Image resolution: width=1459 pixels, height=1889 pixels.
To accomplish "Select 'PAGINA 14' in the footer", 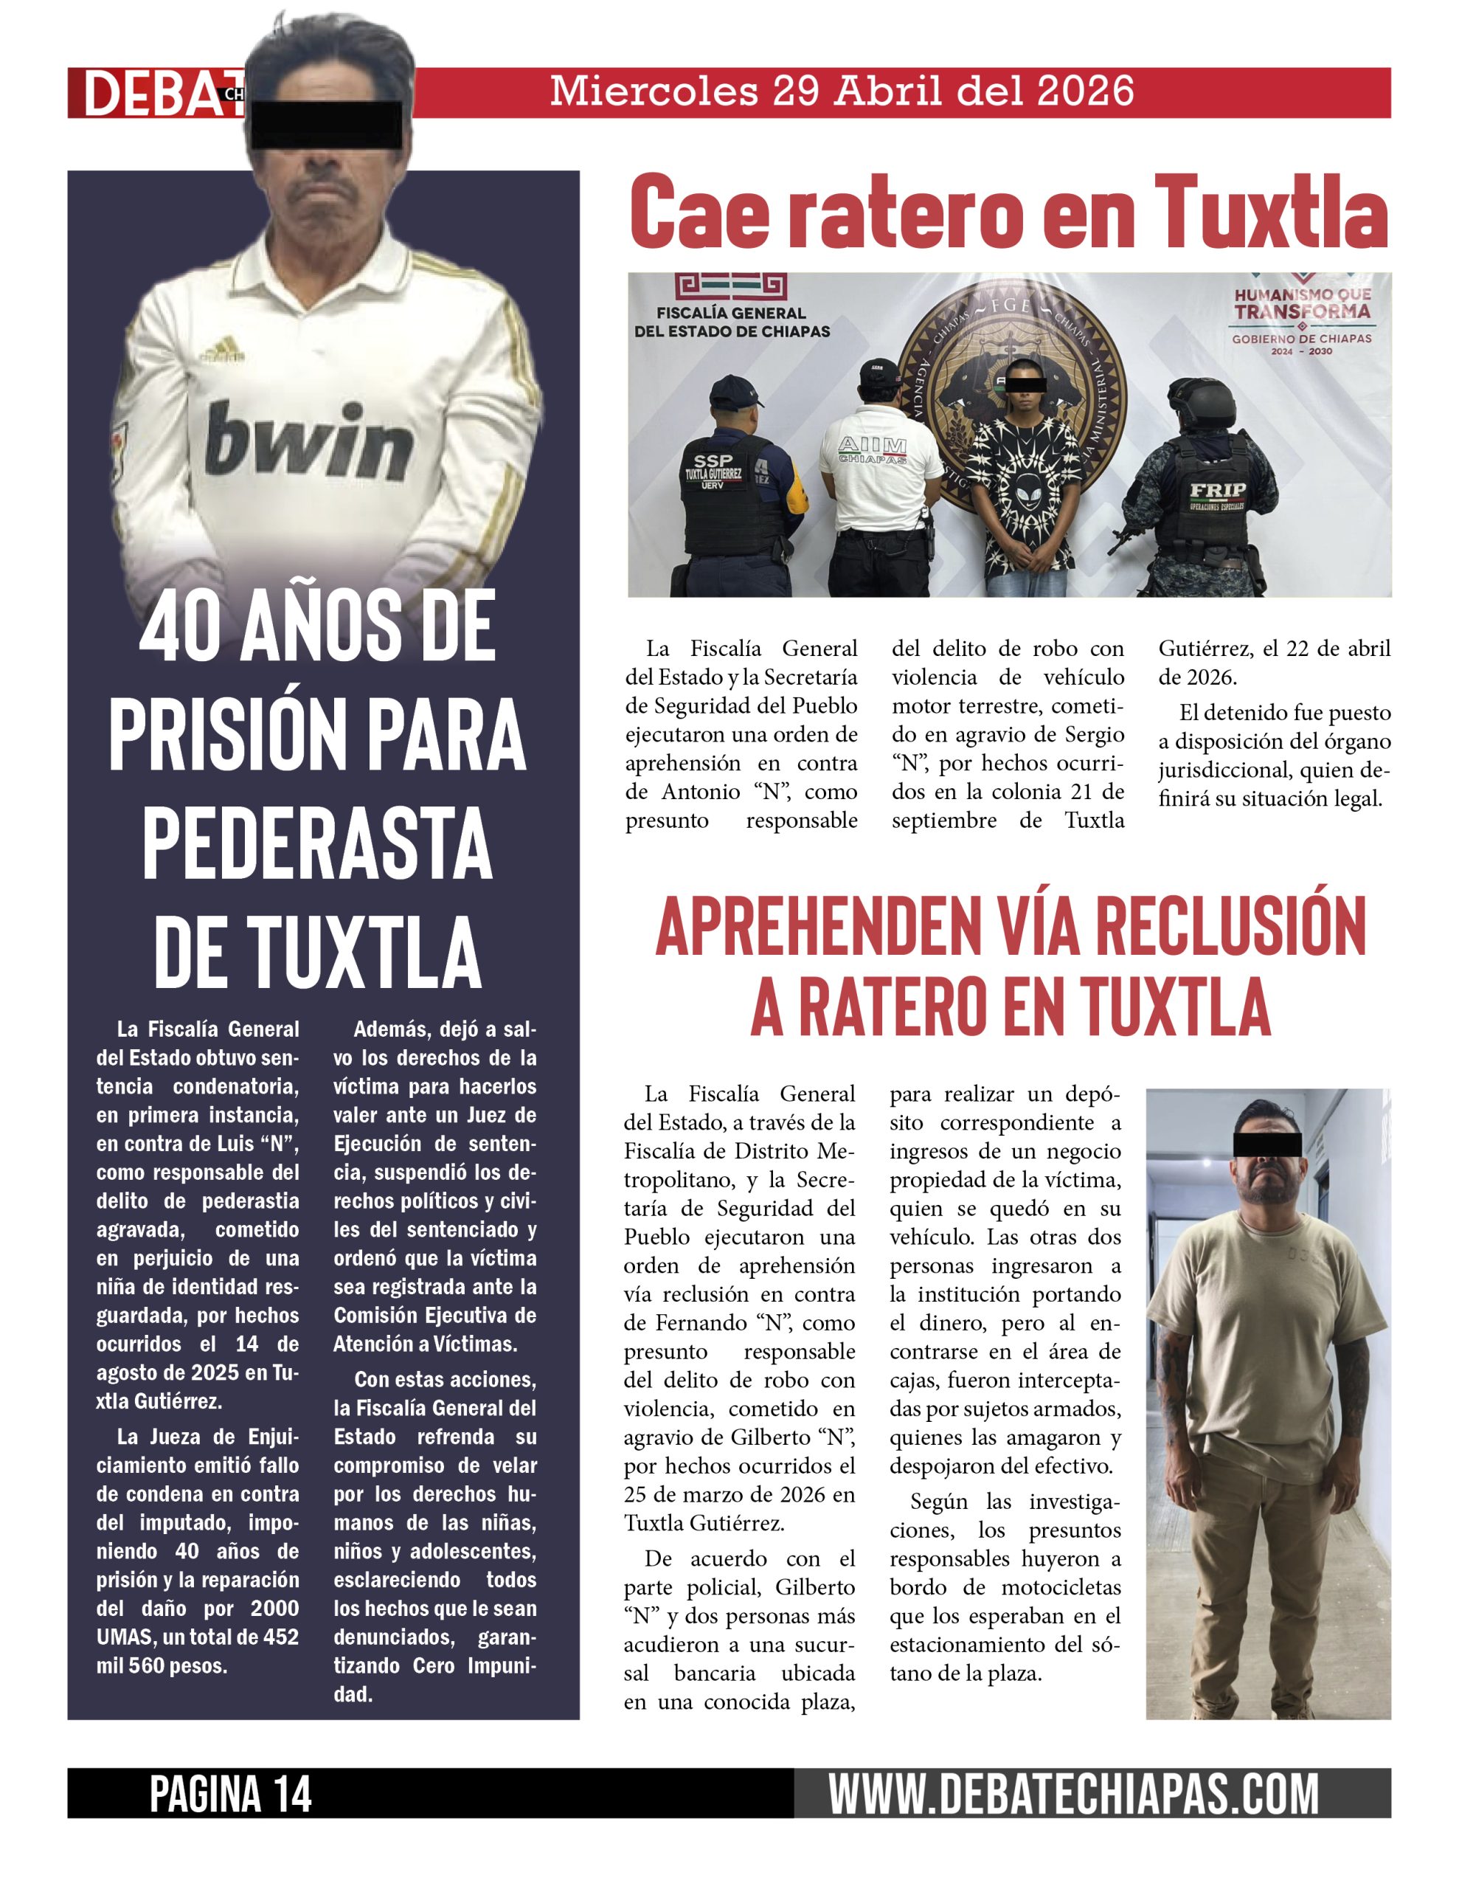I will [x=230, y=1794].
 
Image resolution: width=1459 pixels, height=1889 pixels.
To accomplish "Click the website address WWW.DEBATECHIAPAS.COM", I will [x=1073, y=1794].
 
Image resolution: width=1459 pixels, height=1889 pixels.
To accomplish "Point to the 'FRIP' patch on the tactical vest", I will [x=1217, y=491].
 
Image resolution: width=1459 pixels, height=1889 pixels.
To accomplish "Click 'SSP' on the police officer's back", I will [x=713, y=460].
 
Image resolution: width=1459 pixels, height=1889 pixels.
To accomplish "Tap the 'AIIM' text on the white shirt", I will [x=872, y=446].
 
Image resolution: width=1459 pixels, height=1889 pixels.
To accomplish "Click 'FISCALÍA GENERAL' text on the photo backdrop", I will [x=732, y=313].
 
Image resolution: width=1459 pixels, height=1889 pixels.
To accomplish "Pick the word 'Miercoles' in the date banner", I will [x=654, y=91].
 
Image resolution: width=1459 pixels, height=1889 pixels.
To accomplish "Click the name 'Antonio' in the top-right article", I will [x=698, y=792].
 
